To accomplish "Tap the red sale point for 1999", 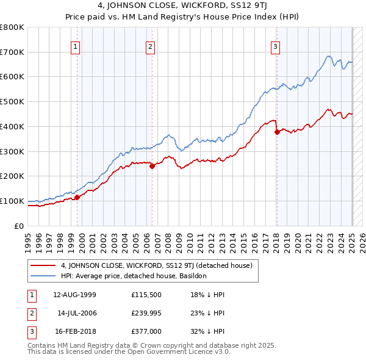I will coord(77,197).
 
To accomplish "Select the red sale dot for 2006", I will coord(152,166).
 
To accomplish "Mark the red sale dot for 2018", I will coord(277,131).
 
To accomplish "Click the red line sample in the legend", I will coord(43,265).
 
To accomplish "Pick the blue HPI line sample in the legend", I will coord(43,276).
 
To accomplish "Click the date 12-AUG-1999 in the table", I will coord(75,295).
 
